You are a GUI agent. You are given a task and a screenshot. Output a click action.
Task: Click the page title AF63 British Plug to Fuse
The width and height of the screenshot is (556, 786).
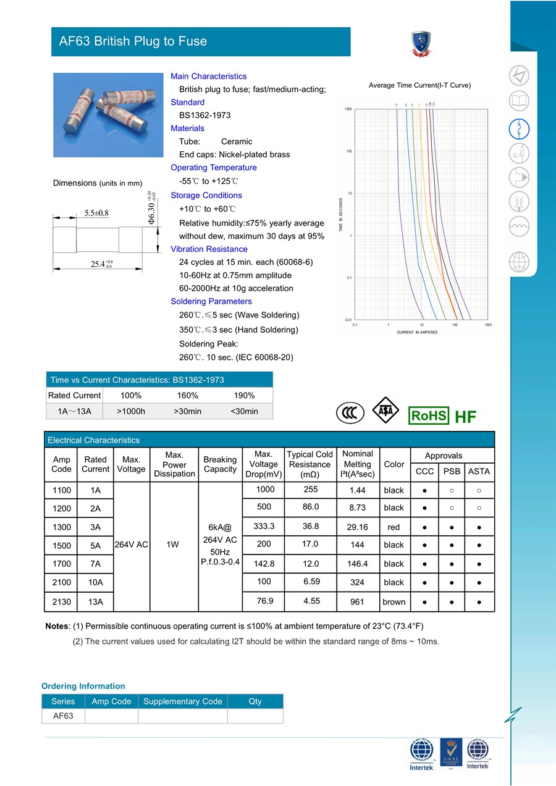coord(133,41)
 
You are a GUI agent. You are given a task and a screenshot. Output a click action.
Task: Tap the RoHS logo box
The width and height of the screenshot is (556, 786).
coord(429,416)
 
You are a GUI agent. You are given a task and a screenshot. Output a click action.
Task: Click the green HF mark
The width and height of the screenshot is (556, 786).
coord(465,417)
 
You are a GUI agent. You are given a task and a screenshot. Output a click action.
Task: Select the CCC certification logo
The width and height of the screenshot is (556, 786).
coord(350,413)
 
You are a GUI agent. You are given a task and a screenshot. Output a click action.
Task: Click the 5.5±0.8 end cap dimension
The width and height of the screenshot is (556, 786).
coord(96,213)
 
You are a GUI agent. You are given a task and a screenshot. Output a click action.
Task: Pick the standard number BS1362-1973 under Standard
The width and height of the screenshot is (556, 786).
coord(205,115)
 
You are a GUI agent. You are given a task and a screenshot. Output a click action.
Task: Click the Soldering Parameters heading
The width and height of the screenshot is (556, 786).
coord(211,301)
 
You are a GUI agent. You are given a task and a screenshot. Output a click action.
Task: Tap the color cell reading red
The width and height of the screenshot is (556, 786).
coord(394,527)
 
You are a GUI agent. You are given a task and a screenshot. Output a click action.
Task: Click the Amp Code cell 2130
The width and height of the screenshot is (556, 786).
coord(62,601)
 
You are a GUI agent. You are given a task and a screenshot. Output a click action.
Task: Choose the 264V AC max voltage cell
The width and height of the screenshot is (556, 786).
coord(131,545)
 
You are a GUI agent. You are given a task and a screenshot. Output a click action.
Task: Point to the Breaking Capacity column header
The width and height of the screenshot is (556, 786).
coord(220,464)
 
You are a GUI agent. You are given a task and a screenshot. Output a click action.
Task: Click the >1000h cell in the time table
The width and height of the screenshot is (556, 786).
coord(131,411)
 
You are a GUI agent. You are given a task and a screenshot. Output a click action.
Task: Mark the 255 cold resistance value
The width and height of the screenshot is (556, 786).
coord(310,489)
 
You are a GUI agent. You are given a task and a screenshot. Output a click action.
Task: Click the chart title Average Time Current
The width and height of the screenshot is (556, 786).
coord(419,85)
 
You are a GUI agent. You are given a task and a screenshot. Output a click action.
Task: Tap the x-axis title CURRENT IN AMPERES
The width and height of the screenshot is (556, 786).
coord(417,332)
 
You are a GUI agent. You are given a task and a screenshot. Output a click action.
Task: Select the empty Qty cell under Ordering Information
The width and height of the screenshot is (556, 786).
coord(255,716)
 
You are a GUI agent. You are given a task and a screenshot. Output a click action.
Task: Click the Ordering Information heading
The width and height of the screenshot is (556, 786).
coord(83,686)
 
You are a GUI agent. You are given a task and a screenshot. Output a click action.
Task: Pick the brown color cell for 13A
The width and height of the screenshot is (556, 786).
coord(394,602)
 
